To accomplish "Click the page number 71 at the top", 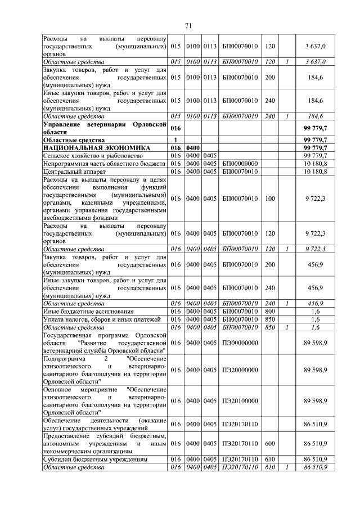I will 188,26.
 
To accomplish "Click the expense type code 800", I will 269,311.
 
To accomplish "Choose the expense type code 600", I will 269,443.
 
